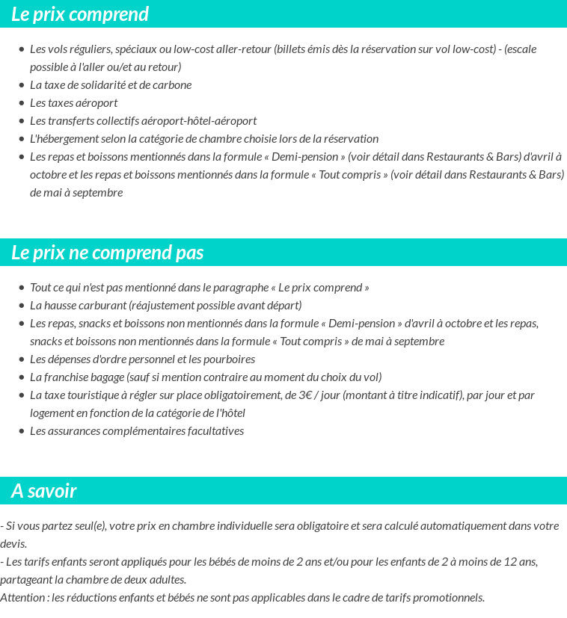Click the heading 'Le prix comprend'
point(80,14)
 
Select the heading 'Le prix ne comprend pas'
point(108,253)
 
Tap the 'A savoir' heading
point(44,491)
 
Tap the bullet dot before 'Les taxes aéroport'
point(22,103)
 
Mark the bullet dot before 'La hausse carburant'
point(22,306)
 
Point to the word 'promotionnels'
point(448,597)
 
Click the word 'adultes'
point(168,579)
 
